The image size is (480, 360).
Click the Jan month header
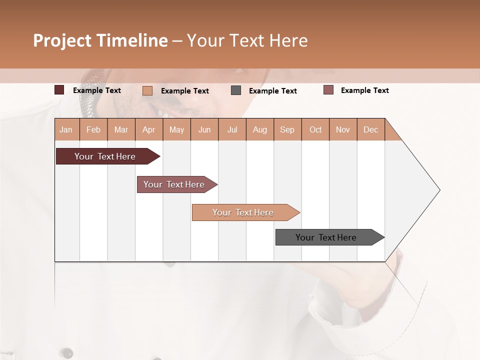coord(66,129)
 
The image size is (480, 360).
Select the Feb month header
coord(93,129)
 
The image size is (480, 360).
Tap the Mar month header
coord(121,129)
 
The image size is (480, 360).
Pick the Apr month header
coord(149,129)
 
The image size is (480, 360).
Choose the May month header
coord(176,129)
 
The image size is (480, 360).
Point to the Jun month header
coord(204,129)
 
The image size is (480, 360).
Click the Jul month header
coord(232,129)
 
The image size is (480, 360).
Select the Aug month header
coord(260,129)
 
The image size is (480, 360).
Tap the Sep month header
coord(287,129)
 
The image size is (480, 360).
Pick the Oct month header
coord(315,129)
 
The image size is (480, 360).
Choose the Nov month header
coord(343,129)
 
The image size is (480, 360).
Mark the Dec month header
coord(371,129)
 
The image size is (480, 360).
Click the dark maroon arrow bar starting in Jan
coord(105,156)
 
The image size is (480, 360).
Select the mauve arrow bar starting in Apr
coord(174,184)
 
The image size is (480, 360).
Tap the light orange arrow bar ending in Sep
coord(243,212)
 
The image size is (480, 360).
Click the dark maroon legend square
coord(59,90)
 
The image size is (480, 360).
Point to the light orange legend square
coord(147,90)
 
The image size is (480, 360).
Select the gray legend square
coord(236,90)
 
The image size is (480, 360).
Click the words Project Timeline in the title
coord(100,40)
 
